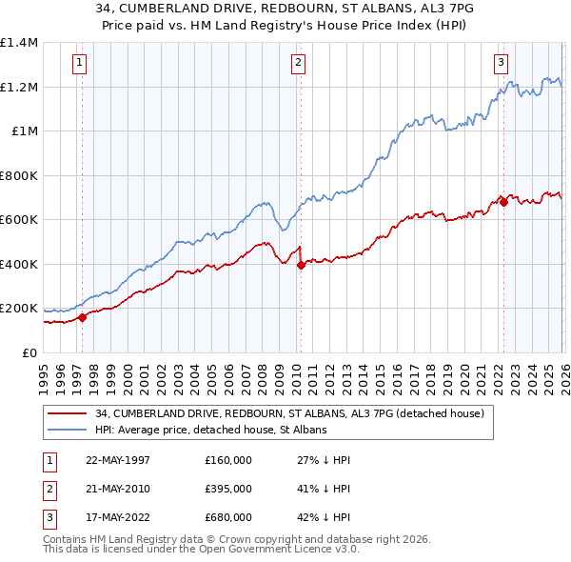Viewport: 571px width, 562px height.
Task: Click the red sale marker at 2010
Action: tap(301, 266)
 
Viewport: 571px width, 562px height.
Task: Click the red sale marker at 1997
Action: tap(82, 317)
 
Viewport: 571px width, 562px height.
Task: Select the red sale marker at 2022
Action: tap(503, 202)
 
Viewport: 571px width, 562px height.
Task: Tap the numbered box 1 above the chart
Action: tap(79, 64)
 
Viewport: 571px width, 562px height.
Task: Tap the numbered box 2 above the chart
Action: tap(298, 64)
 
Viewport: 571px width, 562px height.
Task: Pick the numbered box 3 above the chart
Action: tap(501, 64)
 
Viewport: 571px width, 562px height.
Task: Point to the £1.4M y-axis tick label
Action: tap(19, 43)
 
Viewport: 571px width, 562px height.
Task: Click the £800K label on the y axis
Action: tap(19, 175)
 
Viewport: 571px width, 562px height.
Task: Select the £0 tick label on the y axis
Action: tap(29, 352)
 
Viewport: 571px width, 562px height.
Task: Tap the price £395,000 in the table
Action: tap(228, 489)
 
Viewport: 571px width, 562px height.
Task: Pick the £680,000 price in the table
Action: tap(228, 517)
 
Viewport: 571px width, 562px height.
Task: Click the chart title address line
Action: tap(285, 7)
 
